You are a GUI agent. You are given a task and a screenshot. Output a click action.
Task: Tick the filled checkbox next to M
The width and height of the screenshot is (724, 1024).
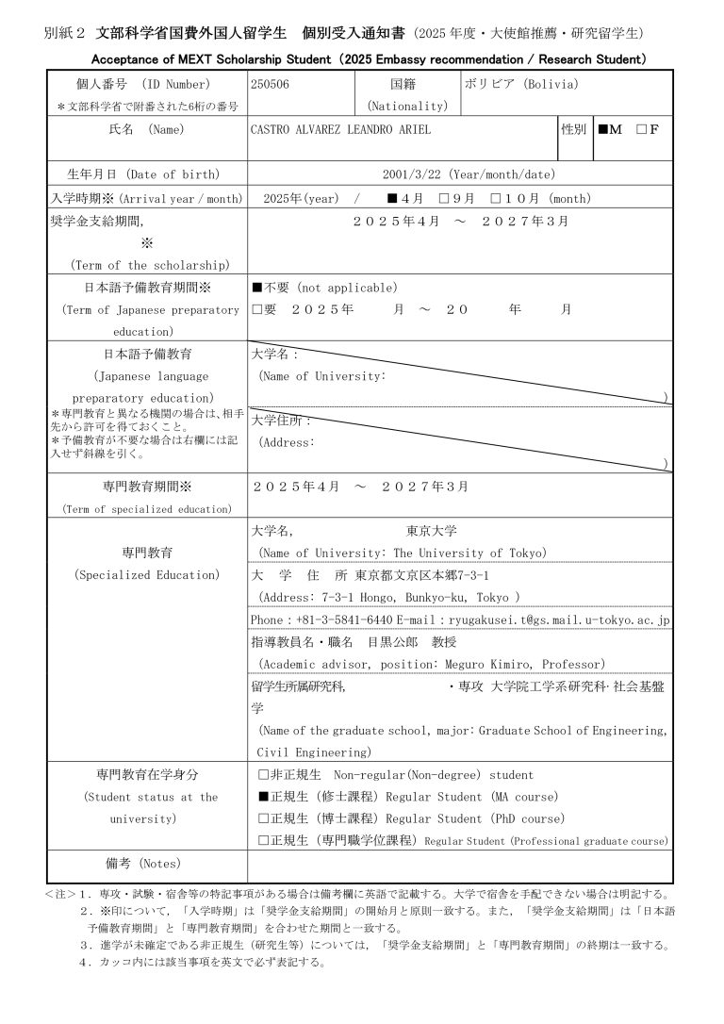click(603, 129)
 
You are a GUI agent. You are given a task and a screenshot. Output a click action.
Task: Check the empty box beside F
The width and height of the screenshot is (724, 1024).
click(641, 129)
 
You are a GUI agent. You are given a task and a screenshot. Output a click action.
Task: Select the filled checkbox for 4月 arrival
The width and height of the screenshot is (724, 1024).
click(392, 199)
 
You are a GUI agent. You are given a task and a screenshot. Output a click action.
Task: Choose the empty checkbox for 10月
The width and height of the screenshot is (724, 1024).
click(496, 199)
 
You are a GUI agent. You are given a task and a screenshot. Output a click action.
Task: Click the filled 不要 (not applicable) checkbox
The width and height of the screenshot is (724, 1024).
click(256, 288)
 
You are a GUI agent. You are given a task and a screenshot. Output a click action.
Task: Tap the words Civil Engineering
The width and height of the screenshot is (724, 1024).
click(315, 752)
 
